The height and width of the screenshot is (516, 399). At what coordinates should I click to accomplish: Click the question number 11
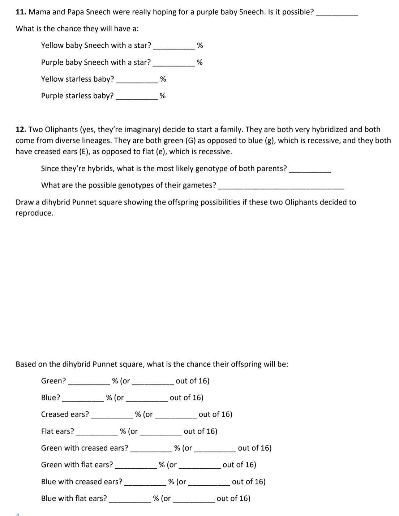coord(21,12)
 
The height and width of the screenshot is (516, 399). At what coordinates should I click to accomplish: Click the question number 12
coord(21,129)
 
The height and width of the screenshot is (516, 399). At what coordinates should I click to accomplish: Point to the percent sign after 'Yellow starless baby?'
coord(163,79)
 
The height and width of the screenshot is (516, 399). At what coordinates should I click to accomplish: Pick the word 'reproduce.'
coord(34,213)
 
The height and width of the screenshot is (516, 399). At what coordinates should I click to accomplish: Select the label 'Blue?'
coord(51,397)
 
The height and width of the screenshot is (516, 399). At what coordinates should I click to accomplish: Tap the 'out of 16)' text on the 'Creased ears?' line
coord(215,414)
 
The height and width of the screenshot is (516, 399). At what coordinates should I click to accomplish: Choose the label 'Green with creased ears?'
coord(85,448)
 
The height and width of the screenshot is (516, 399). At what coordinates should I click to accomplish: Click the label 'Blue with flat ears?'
coord(74,498)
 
